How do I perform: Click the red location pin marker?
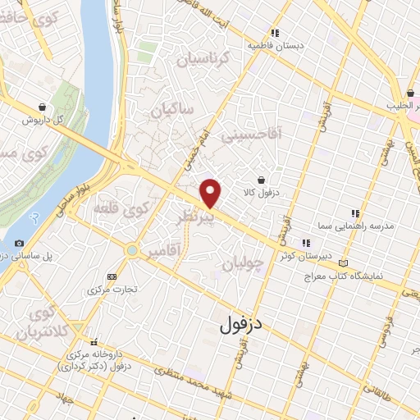(x=212, y=194)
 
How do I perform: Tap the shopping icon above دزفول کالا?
(x=261, y=180)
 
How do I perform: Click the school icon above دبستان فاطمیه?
(x=276, y=34)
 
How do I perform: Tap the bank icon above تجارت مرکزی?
(x=112, y=276)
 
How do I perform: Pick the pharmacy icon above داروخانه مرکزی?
(x=95, y=342)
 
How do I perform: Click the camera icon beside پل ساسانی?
(x=19, y=243)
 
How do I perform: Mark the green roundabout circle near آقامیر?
(x=131, y=249)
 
